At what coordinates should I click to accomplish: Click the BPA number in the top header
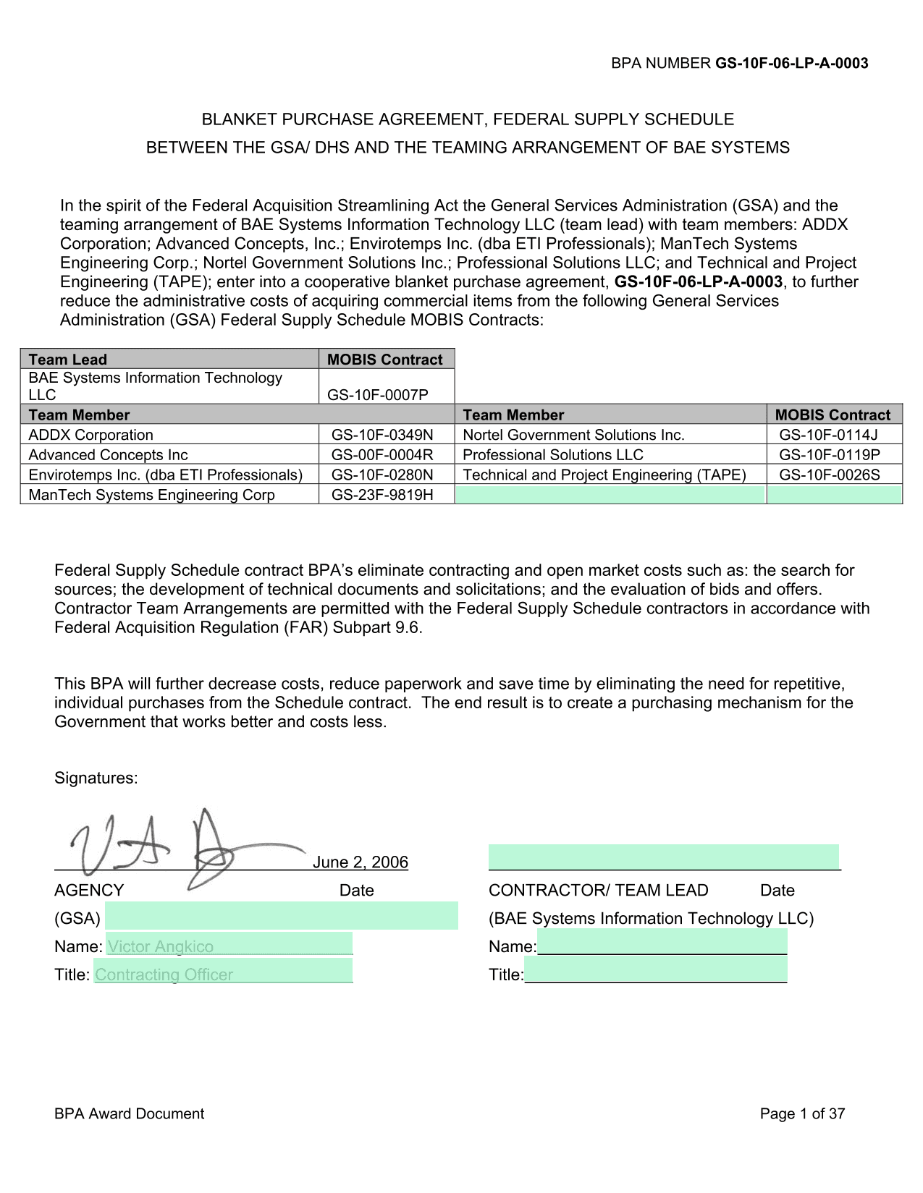coord(791,63)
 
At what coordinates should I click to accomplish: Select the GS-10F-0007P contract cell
coord(378,394)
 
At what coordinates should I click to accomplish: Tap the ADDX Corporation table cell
coord(91,435)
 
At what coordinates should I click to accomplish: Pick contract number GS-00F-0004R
coord(382,455)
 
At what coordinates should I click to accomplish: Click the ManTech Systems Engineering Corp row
coord(151,495)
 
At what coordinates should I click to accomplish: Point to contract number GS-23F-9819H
coord(382,495)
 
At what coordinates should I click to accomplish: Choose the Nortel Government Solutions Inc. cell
coord(573,435)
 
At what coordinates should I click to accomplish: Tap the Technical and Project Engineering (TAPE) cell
coord(604,475)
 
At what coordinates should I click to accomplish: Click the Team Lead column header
coord(67,360)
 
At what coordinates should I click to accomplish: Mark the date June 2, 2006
coord(361,862)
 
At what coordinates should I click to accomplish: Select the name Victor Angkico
coord(161,946)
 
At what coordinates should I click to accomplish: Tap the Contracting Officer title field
coord(164,975)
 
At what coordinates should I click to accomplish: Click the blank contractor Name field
coord(662,943)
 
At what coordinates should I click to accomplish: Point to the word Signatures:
coord(96,778)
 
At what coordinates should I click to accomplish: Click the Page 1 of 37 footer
coord(802,1114)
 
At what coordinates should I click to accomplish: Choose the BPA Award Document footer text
coord(129,1114)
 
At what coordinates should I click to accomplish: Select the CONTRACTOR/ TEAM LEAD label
coord(598,891)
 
